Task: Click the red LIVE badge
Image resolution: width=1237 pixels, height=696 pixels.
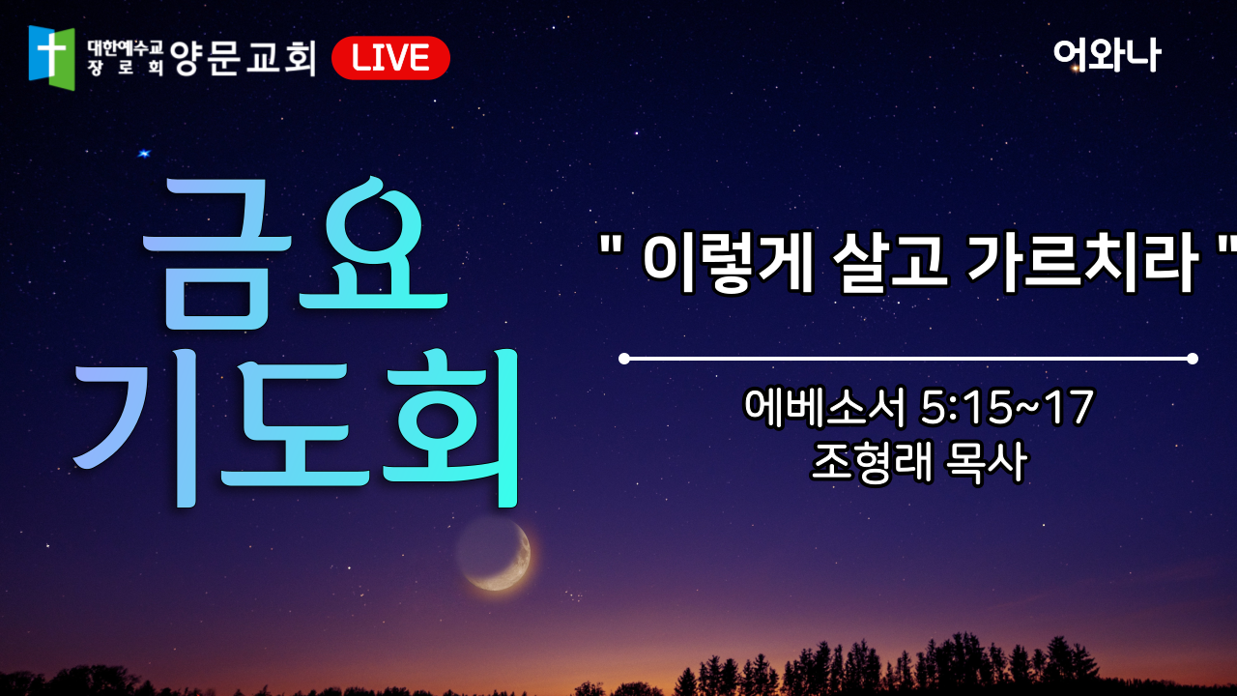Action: (390, 58)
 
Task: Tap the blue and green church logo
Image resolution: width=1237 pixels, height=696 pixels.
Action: (51, 57)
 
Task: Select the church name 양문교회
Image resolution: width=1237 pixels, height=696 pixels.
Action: (243, 58)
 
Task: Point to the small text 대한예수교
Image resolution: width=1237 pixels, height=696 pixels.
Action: (125, 48)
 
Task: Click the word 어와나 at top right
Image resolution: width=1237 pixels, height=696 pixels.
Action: (1107, 55)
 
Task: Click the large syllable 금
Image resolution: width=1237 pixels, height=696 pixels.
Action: (216, 254)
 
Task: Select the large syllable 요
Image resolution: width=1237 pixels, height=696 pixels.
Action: (373, 243)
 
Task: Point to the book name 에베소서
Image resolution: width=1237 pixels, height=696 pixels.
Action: (825, 407)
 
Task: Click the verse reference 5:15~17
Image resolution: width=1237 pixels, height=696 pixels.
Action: (1006, 407)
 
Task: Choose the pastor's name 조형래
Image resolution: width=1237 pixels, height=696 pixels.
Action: (872, 462)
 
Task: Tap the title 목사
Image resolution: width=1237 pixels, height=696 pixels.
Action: (987, 462)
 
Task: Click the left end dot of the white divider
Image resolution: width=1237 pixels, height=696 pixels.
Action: (624, 359)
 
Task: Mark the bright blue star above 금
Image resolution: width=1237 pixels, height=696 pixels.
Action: (144, 154)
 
